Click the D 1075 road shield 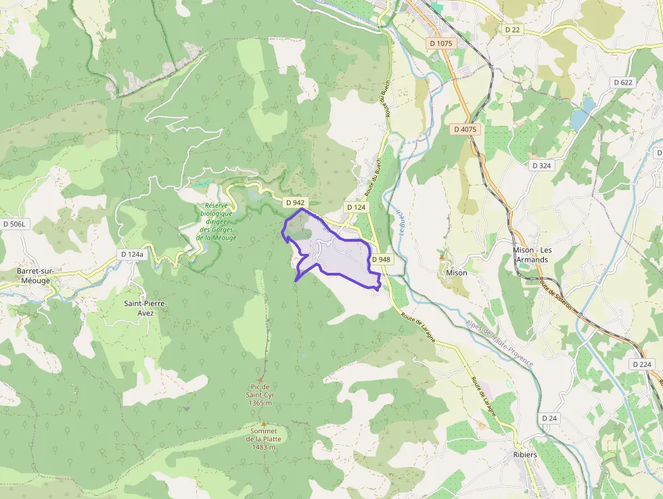440,43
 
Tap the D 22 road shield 512,30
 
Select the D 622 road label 622,82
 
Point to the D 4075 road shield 465,129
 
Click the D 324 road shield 541,165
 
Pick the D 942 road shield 295,202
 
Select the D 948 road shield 381,259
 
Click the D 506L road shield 14,223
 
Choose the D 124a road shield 132,254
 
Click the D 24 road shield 550,418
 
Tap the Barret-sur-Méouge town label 36,276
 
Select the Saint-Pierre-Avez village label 145,308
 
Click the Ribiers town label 524,455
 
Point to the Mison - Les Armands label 532,255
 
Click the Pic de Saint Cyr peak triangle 260,380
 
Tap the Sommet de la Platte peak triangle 264,424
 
